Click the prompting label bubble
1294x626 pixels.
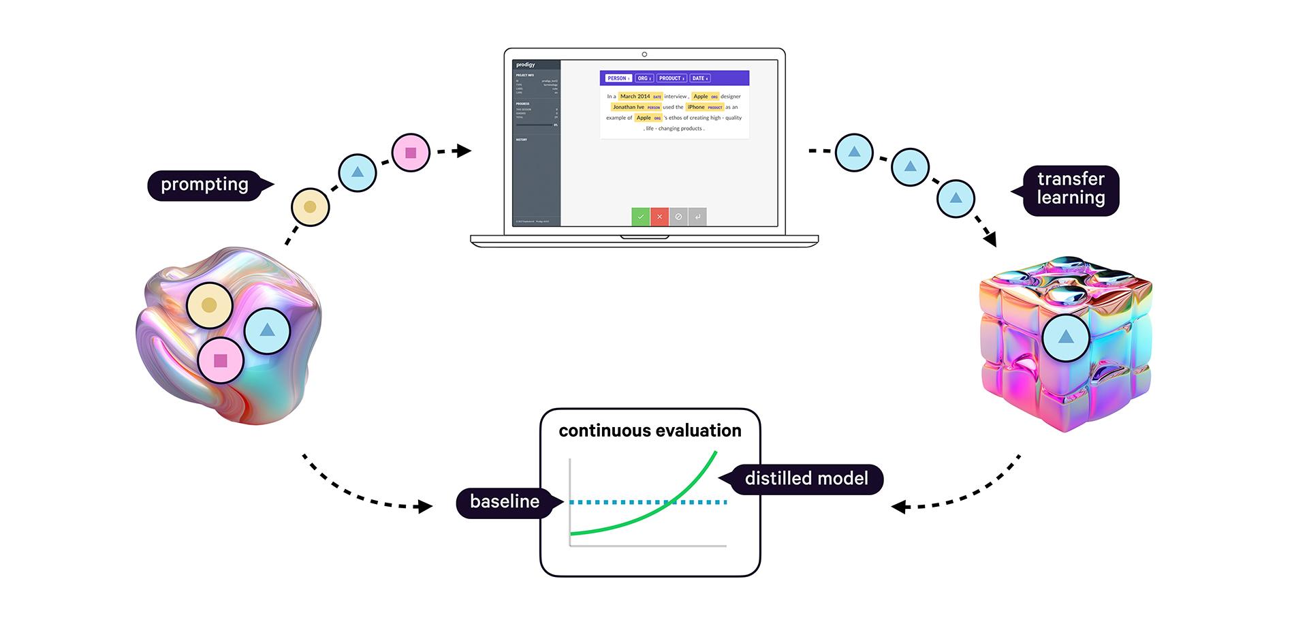pyautogui.click(x=204, y=185)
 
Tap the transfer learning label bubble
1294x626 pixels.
pyautogui.click(x=1071, y=189)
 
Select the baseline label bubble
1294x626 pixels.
pyautogui.click(x=505, y=502)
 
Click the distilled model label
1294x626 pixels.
pyautogui.click(x=806, y=479)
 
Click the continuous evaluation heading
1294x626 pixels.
pyautogui.click(x=650, y=431)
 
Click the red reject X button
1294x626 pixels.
pyautogui.click(x=659, y=217)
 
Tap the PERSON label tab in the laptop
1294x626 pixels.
pyautogui.click(x=618, y=78)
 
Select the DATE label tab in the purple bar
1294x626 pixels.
pyautogui.click(x=699, y=78)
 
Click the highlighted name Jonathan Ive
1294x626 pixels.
pyautogui.click(x=629, y=107)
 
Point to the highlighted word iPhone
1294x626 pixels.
pyautogui.click(x=696, y=107)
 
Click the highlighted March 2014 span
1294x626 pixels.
pyautogui.click(x=635, y=97)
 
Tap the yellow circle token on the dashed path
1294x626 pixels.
pyautogui.click(x=310, y=207)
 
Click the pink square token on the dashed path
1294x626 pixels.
pyautogui.click(x=411, y=153)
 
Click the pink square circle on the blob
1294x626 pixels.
pyautogui.click(x=220, y=360)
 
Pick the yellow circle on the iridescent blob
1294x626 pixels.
pyautogui.click(x=209, y=305)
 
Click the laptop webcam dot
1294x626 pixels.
pyautogui.click(x=644, y=54)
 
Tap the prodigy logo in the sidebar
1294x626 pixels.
pyautogui.click(x=526, y=65)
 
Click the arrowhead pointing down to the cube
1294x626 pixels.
pyautogui.click(x=990, y=240)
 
